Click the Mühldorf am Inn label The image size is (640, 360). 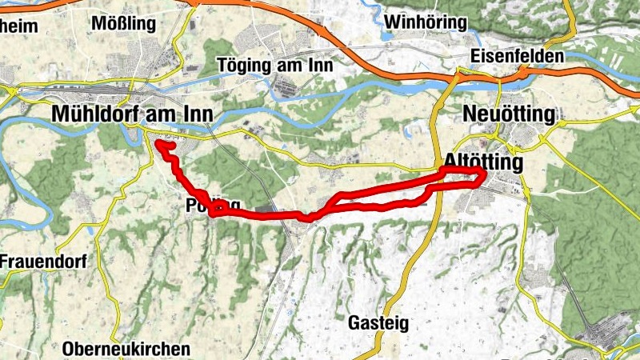[132, 114]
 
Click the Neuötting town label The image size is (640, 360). [509, 115]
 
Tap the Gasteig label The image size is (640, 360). [378, 323]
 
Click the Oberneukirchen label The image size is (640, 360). [126, 349]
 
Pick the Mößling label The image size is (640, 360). [123, 23]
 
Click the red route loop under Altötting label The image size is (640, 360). [464, 178]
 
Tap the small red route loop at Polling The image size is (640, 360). [216, 210]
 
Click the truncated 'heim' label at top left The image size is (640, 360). [20, 24]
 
